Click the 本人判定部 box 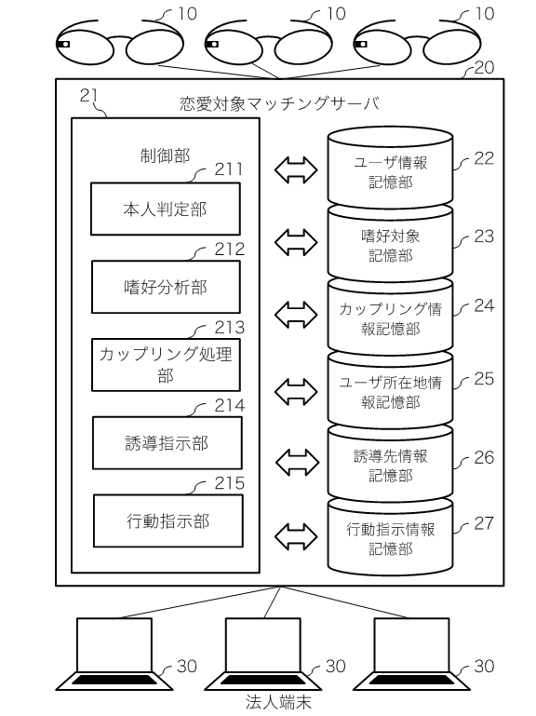pos(166,209)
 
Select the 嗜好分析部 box pos(166,287)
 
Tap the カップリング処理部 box pos(166,364)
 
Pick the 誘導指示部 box pos(167,442)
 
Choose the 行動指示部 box pos(168,520)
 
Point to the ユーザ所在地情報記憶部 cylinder pos(390,389)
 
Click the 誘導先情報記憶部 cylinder pos(390,463)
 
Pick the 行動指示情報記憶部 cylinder pos(390,536)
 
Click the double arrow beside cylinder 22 pos(296,169)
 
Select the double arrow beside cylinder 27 pos(296,535)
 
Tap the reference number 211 pos(229,169)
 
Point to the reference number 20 pos(485,68)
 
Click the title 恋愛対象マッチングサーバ pos(279,103)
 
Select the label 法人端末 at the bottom pos(278,702)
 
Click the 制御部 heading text pos(166,155)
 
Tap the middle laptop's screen pos(263,644)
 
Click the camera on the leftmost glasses pos(63,45)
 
